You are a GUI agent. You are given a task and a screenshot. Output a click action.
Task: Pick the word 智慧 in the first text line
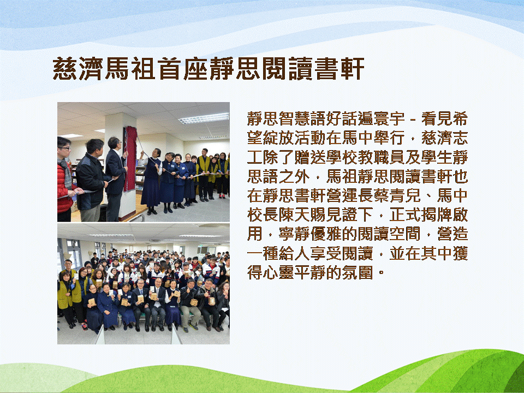287,118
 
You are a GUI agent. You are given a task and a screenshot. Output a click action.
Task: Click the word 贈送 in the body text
311,157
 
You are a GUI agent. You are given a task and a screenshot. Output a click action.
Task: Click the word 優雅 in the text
326,234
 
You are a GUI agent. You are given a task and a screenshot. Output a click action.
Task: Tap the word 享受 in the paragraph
326,253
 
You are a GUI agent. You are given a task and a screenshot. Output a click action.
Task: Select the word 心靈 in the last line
279,273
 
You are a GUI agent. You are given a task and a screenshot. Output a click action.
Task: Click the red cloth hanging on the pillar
130,159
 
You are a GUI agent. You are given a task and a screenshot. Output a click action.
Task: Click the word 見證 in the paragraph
342,215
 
